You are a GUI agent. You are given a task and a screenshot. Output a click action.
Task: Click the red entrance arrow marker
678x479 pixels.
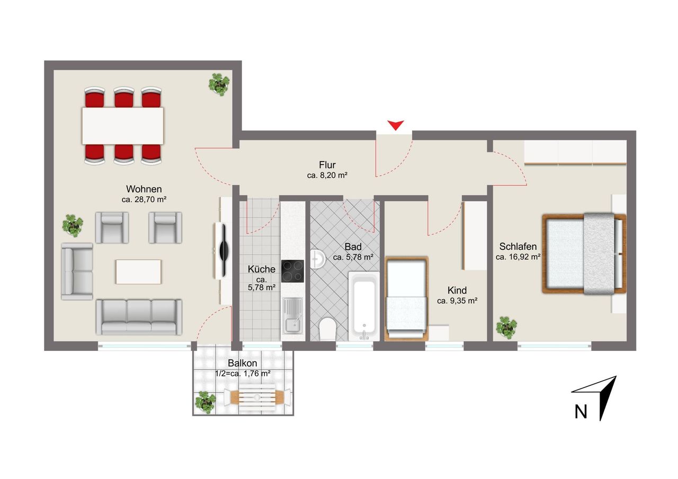[x=395, y=125]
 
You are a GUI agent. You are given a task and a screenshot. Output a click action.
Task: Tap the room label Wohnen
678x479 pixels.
[x=144, y=189]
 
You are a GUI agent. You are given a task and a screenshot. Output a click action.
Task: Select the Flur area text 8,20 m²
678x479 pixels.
[x=334, y=175]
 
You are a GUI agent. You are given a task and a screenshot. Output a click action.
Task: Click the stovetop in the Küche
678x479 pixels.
[x=292, y=271]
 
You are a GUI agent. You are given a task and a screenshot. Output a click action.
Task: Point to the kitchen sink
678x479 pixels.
[x=292, y=315]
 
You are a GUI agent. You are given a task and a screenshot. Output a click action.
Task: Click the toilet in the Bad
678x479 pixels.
[x=327, y=329]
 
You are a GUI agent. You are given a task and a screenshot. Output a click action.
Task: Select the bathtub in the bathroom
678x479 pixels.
[x=364, y=306]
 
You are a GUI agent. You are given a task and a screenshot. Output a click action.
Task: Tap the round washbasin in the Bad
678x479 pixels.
[x=317, y=259]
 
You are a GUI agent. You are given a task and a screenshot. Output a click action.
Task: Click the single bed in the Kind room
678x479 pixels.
[x=406, y=299]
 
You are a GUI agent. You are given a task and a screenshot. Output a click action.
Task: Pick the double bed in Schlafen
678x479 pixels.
[x=584, y=254]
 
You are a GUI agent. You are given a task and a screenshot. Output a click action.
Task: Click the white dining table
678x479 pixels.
[x=123, y=126]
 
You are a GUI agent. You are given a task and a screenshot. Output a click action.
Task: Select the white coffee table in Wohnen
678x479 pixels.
[x=138, y=272]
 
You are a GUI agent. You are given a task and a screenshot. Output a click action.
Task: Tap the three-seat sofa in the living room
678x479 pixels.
[x=139, y=317]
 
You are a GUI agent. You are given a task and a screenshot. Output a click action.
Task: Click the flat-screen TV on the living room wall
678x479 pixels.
[x=224, y=250]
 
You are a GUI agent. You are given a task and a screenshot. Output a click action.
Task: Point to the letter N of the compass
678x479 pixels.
[x=581, y=412]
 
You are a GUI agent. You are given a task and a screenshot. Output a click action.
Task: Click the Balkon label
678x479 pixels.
[x=243, y=363]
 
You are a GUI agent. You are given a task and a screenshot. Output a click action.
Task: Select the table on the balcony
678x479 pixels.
[x=257, y=397]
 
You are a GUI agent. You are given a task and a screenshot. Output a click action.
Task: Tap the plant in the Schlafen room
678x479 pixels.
[x=506, y=328]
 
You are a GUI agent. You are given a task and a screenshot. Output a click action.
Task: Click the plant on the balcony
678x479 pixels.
[x=206, y=402]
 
